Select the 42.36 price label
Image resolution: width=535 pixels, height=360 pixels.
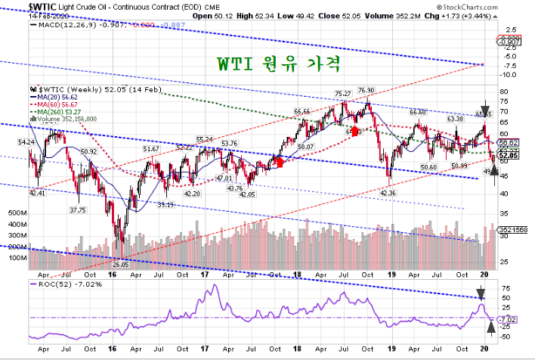pos(388,193)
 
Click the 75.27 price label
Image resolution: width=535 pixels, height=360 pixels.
pos(344,93)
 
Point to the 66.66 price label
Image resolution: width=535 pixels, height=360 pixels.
pos(302,111)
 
